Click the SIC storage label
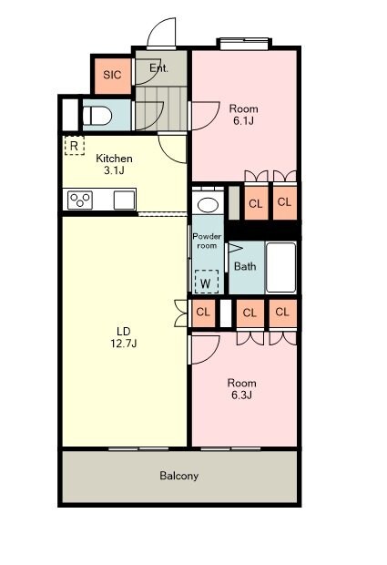point(112,75)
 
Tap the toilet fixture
point(97,116)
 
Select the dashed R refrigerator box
point(75,146)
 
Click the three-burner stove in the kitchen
point(80,200)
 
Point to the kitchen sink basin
point(124,200)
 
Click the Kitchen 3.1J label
point(114,164)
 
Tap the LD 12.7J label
point(124,337)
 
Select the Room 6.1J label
point(244,114)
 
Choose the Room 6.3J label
point(241,389)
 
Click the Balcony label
point(178,476)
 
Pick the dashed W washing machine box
point(207,282)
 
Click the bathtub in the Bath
point(280,267)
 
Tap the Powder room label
point(207,241)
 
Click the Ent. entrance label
point(158,67)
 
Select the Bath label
point(245,266)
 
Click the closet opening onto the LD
point(203,313)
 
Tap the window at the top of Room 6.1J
point(244,43)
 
